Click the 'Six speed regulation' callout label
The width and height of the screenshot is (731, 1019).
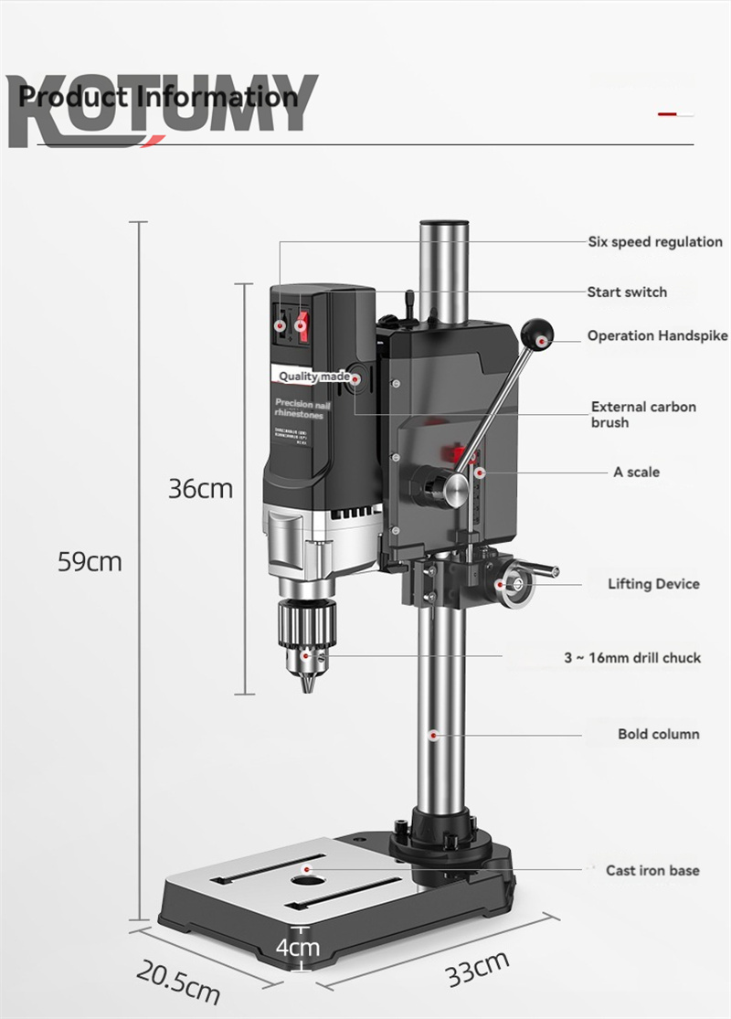[x=654, y=242]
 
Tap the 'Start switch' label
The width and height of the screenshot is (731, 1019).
[x=627, y=292]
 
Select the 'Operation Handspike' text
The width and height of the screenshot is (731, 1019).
[x=657, y=336]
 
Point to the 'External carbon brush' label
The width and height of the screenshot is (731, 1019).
[x=643, y=415]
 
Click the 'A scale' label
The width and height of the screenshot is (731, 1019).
[x=636, y=472]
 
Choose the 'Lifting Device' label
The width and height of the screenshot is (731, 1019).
[x=653, y=584]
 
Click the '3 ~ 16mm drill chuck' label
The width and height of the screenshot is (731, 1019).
[x=632, y=658]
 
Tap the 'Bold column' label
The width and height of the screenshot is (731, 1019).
[x=658, y=734]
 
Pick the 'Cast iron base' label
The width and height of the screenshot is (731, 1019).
[x=652, y=870]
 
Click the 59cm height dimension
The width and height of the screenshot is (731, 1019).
[x=90, y=561]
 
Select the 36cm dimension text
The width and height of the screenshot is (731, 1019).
[x=200, y=489]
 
